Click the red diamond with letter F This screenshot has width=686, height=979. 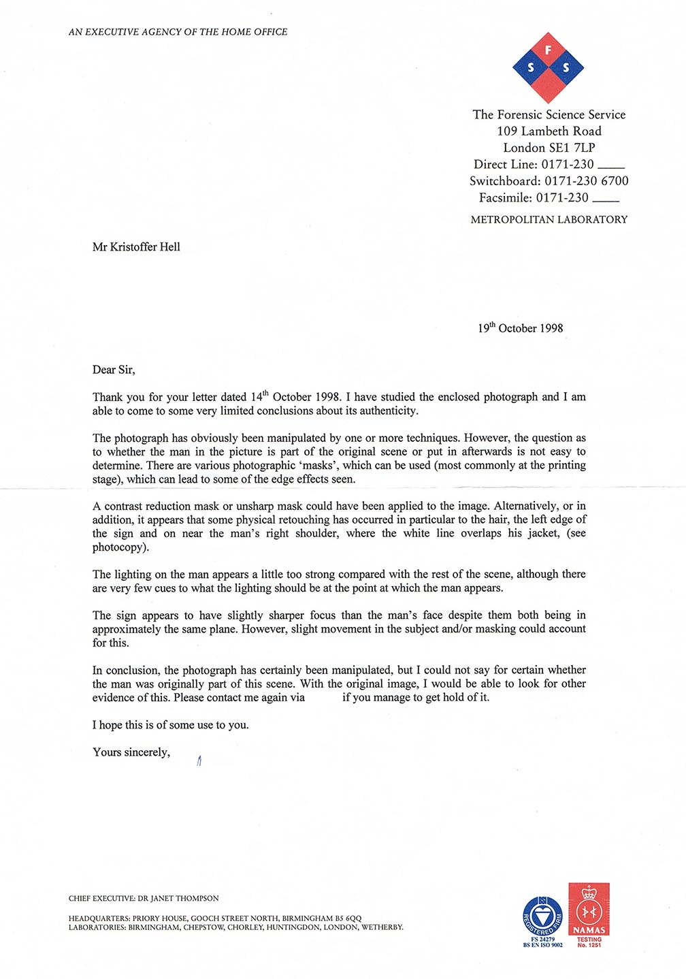coord(548,50)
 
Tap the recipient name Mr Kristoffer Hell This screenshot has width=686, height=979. coord(136,247)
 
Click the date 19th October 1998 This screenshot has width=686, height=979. coord(520,328)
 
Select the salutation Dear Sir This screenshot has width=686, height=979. coord(114,370)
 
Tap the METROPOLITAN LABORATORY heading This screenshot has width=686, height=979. coord(549,220)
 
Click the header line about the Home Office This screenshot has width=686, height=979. coord(178,32)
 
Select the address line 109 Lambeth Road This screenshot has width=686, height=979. coord(549,131)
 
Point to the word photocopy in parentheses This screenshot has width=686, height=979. coord(120,547)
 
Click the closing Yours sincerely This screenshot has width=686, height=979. coord(131,752)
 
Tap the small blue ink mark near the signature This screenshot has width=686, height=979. coord(199,761)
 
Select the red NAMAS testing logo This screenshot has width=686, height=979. coord(589,910)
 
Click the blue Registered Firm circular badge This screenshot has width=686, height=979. coord(542,916)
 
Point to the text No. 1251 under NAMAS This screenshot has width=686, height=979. coord(589,945)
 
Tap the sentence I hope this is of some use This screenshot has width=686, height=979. coord(170,725)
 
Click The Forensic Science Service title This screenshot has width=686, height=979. coord(549,115)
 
